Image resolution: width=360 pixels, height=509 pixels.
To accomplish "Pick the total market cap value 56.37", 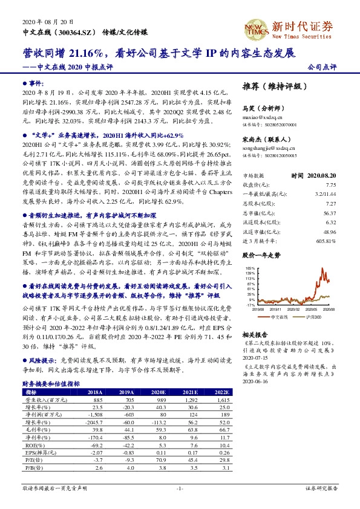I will [x=329, y=213].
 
